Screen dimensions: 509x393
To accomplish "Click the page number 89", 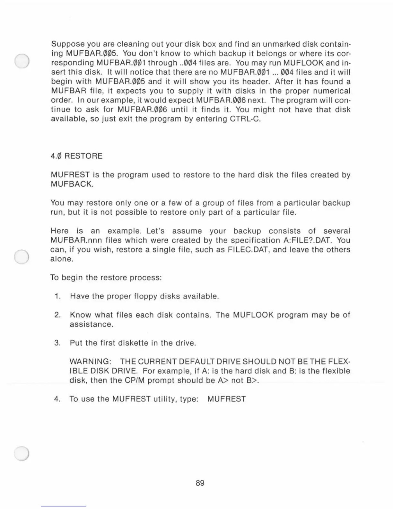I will tap(200, 483).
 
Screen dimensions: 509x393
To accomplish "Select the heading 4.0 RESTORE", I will tap(76, 156).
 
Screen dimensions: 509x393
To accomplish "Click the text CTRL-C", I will tap(245, 119).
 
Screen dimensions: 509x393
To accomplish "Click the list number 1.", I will tap(58, 296).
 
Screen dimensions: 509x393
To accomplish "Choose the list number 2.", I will tap(57, 315).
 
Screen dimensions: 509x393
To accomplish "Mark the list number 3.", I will tap(57, 343).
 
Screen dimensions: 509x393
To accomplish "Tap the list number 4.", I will tap(57, 399).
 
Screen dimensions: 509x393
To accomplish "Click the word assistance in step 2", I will tap(92, 324).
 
